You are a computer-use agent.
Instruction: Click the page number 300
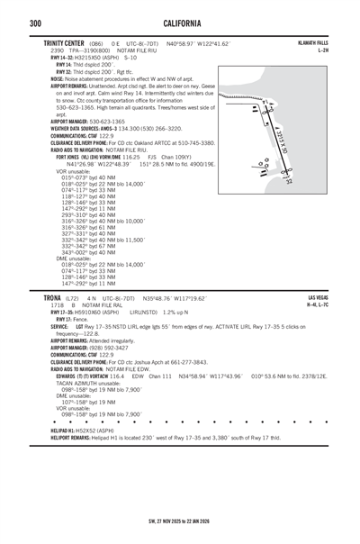(x=12, y=22)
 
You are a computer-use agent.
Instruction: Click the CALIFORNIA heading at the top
(x=180, y=22)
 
